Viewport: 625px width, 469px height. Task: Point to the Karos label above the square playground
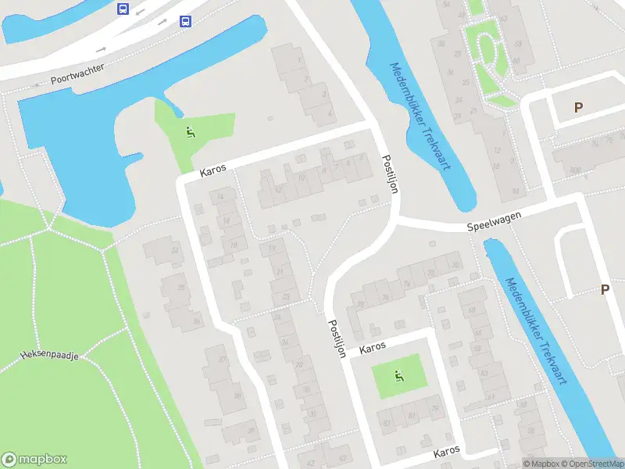coord(373,349)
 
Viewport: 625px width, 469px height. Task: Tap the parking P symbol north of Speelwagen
coord(578,108)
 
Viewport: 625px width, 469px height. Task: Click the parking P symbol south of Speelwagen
coord(605,289)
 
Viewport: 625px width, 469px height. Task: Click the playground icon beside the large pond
coord(190,132)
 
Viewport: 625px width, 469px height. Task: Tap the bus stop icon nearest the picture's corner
coord(123,9)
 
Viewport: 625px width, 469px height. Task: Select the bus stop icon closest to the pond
coord(185,21)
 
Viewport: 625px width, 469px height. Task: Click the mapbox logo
coord(34,460)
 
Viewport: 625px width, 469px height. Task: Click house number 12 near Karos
coord(279,188)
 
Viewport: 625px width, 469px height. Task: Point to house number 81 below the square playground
coord(411,415)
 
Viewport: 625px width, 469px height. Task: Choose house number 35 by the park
coord(181,288)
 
